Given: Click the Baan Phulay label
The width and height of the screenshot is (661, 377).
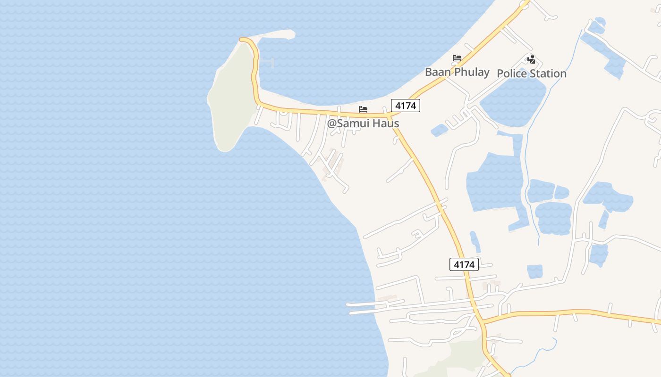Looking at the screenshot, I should coord(457,72).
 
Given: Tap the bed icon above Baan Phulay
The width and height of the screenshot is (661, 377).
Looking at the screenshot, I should coord(457,58).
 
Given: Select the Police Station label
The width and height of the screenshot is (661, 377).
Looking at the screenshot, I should coord(531,74).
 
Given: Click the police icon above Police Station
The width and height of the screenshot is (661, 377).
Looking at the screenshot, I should coord(532,59).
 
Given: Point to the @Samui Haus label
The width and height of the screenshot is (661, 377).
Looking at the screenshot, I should coord(363,123).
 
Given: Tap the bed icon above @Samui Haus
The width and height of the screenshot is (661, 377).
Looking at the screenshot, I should coord(363,109).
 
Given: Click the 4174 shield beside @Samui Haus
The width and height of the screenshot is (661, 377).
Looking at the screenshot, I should coord(405,106).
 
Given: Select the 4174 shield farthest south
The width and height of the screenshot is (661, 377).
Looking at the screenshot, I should coord(464,264).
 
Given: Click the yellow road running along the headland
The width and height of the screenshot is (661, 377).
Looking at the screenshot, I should coord(255,71).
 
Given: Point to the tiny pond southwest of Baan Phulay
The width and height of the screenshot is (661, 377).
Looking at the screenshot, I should coord(439,130).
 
